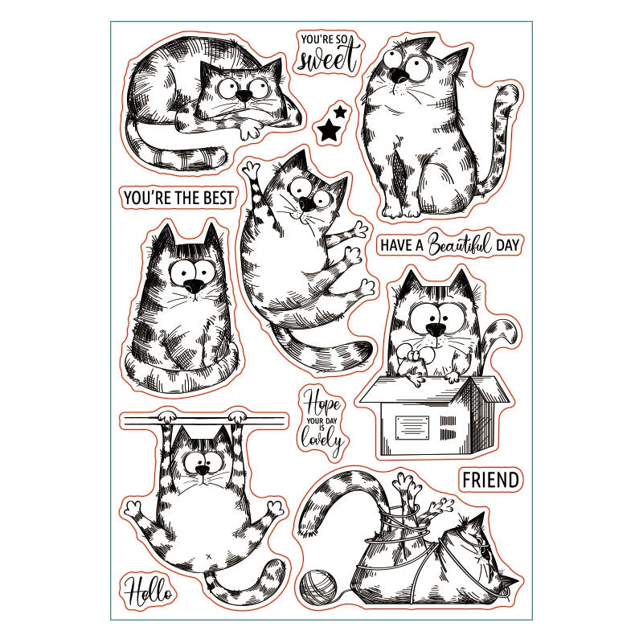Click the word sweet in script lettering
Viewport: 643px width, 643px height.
click(327, 59)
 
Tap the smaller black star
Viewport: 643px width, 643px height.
click(339, 111)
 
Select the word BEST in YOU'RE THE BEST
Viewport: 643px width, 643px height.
click(214, 198)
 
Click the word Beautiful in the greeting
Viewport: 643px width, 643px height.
click(460, 244)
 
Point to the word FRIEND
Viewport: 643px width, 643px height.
click(490, 480)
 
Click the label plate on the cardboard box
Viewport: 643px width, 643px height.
click(412, 428)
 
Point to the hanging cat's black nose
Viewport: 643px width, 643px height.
click(203, 470)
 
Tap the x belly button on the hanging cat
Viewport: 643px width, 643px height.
click(207, 556)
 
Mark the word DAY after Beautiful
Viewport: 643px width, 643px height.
click(507, 245)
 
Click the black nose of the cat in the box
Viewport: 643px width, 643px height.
click(436, 329)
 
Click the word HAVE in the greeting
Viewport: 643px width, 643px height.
click(396, 245)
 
